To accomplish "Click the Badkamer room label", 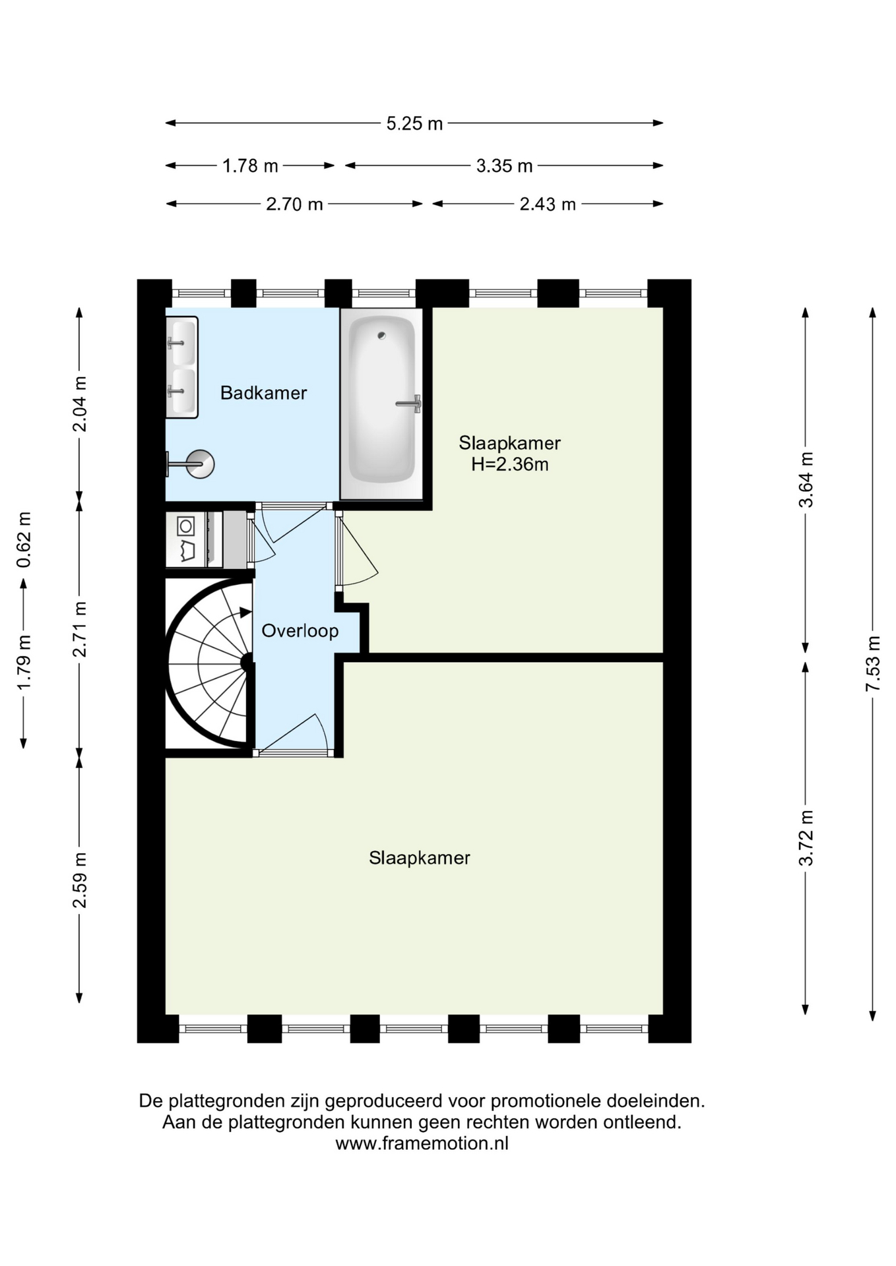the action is click(263, 393).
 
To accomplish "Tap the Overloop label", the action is click(300, 631).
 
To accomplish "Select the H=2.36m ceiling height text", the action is click(509, 464).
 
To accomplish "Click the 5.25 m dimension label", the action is click(414, 123).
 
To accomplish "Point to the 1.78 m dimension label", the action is click(250, 166).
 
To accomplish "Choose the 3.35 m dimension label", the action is click(504, 166).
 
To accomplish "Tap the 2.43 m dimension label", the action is click(548, 204).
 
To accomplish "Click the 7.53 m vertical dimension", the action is click(873, 663).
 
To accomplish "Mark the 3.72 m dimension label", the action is click(806, 838).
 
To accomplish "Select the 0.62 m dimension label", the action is click(24, 539).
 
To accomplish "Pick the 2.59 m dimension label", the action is click(79, 880).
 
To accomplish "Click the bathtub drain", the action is click(381, 336).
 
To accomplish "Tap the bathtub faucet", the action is click(410, 404).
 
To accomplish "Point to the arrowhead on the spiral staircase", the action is click(246, 613).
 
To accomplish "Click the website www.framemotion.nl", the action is click(422, 1143).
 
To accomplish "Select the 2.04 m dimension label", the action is click(79, 404).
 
